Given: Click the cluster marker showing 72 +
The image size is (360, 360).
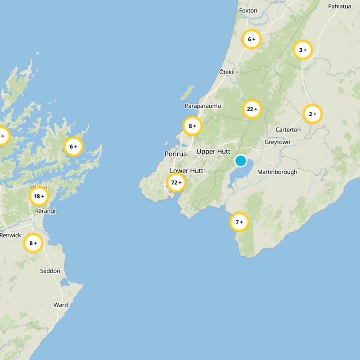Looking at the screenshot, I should pyautogui.click(x=176, y=183).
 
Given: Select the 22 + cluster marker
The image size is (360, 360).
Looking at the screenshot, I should pyautogui.click(x=252, y=109).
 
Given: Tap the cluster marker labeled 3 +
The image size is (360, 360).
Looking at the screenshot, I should pyautogui.click(x=303, y=50).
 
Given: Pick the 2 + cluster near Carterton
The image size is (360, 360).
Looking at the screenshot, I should pyautogui.click(x=312, y=114).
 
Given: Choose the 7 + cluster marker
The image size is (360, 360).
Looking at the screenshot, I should pyautogui.click(x=239, y=222).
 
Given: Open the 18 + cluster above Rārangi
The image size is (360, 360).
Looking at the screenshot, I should pyautogui.click(x=39, y=196).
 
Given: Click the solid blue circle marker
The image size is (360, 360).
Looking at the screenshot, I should pyautogui.click(x=241, y=161).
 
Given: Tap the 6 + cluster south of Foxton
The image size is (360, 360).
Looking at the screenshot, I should pyautogui.click(x=251, y=39).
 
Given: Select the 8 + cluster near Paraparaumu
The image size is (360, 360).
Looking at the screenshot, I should pyautogui.click(x=192, y=126).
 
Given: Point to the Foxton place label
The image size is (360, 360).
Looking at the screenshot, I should pyautogui.click(x=248, y=10).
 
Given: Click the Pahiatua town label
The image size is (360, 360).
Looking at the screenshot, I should pyautogui.click(x=339, y=6).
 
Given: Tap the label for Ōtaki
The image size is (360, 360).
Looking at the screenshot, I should pyautogui.click(x=226, y=72).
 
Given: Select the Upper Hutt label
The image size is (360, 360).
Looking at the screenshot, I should pyautogui.click(x=213, y=152).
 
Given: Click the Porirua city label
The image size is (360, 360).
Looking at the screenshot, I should pyautogui.click(x=175, y=154).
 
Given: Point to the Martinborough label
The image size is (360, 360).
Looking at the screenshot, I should pyautogui.click(x=277, y=172).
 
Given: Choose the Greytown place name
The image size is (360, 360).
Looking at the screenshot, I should pyautogui.click(x=277, y=142).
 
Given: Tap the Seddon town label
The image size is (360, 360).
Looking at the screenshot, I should pyautogui.click(x=49, y=271).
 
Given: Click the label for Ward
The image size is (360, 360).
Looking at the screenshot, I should pyautogui.click(x=61, y=305).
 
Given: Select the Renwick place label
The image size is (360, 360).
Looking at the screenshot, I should pyautogui.click(x=10, y=235).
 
